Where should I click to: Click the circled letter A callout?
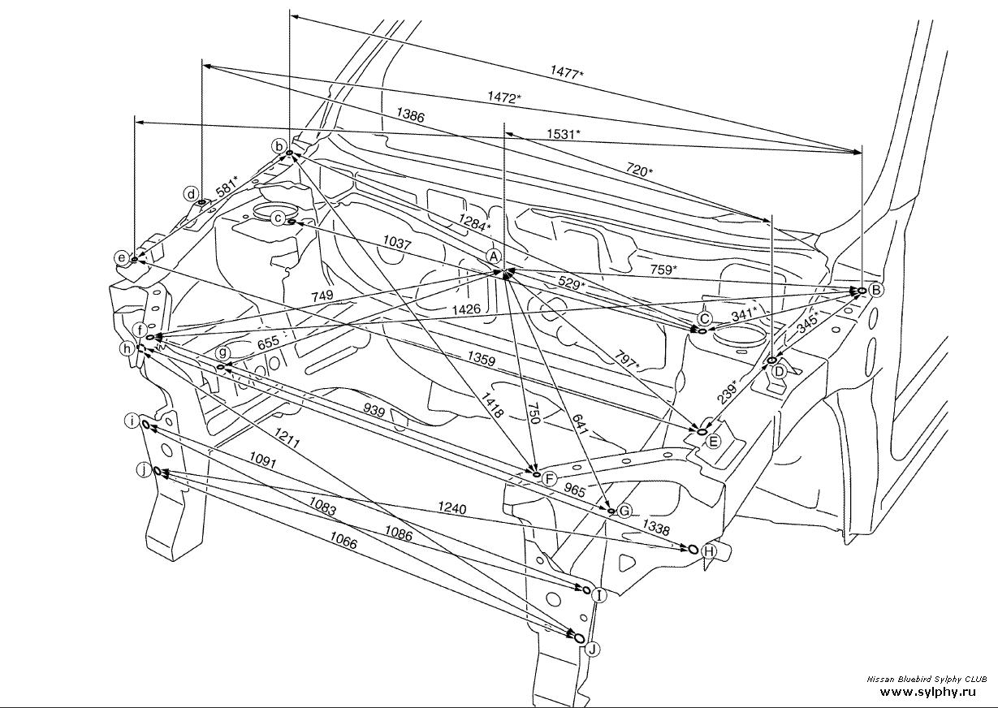click(x=493, y=255)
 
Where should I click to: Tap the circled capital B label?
click(x=875, y=290)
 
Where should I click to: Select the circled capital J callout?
click(x=593, y=649)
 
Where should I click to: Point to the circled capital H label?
click(x=709, y=552)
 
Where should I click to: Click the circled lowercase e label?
click(x=121, y=258)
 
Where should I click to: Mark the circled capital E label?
click(x=713, y=442)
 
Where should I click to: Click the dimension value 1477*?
click(x=566, y=73)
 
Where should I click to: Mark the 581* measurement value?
click(x=227, y=184)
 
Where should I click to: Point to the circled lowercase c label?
click(x=278, y=218)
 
